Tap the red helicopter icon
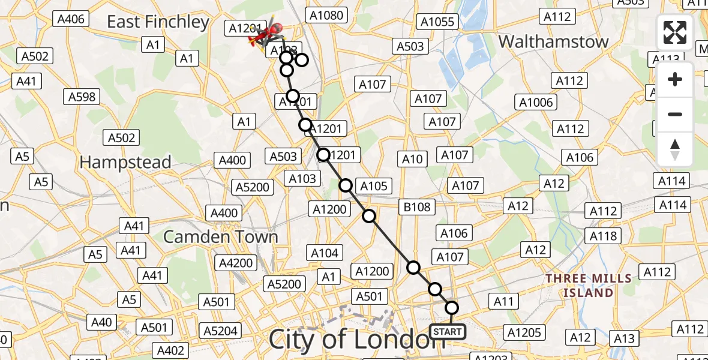point(266,34)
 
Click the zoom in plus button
point(675,79)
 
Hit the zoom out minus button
point(675,114)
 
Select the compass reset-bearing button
point(675,149)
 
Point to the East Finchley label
point(158,22)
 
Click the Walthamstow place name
point(553,41)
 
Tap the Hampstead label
point(125,162)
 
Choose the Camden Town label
point(221,236)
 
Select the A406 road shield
point(70,19)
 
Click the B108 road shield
point(417,207)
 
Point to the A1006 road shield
point(536,103)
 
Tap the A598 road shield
point(83,97)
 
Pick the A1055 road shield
point(437,22)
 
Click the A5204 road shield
point(221,331)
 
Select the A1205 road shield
point(524,332)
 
